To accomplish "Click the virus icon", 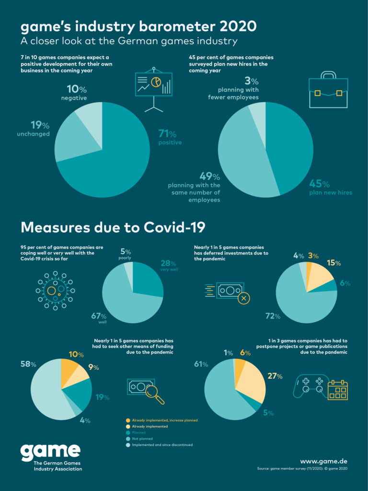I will pyautogui.click(x=55, y=291).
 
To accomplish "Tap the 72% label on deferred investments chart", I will pyautogui.click(x=273, y=316).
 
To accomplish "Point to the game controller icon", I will pyautogui.click(x=310, y=386).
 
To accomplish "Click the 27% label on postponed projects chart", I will pyautogui.click(x=276, y=376).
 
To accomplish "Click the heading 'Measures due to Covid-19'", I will pyautogui.click(x=113, y=227).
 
